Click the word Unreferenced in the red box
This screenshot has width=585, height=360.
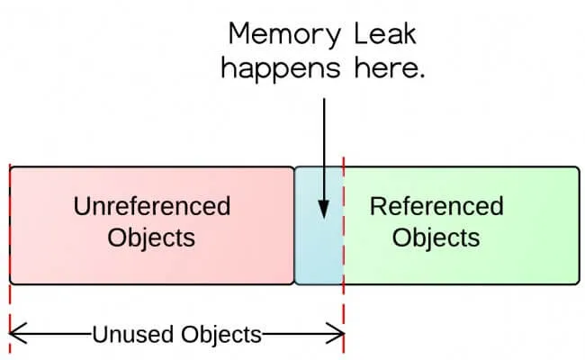[x=151, y=206]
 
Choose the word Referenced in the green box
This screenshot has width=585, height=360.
[x=436, y=206]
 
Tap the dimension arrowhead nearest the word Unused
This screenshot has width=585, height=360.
[x=13, y=335]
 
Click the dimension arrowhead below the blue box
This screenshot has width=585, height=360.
[x=339, y=335]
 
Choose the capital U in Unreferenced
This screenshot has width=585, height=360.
[x=81, y=206]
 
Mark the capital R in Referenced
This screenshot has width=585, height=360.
[x=378, y=206]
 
